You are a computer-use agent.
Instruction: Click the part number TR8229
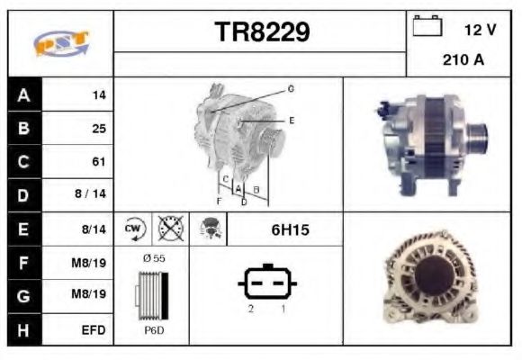[x=262, y=32]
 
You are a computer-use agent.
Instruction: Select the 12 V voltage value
[x=480, y=31]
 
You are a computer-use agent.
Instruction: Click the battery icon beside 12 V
[x=427, y=27]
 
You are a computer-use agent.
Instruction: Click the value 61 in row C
[x=99, y=162]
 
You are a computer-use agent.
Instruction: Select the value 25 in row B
[x=99, y=128]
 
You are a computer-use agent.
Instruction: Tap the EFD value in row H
[x=94, y=330]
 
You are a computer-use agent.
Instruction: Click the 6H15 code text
[x=290, y=230]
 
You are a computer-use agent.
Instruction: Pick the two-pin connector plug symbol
[x=266, y=284]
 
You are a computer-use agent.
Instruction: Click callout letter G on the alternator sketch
[x=291, y=88]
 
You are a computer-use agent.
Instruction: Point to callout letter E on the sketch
[x=291, y=120]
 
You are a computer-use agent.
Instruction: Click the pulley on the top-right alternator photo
[x=478, y=140]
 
